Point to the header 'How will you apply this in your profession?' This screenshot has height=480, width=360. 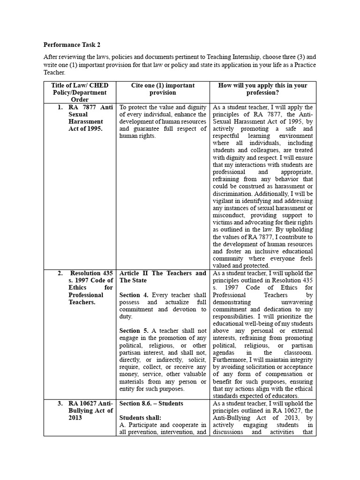coord(262,89)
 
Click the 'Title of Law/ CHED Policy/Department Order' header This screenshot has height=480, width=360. coord(80,92)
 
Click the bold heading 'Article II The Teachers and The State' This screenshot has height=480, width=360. coord(163,277)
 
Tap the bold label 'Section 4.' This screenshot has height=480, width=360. coord(134,295)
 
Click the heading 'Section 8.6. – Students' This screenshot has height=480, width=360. coord(151,404)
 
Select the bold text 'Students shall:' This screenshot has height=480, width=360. coord(140,418)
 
